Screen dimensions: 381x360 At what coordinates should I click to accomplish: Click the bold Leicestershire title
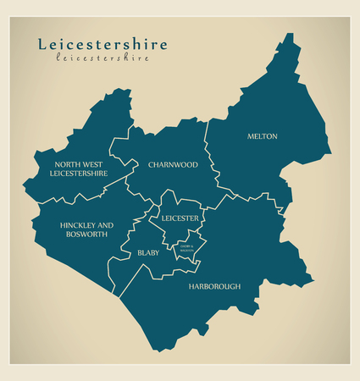pyautogui.click(x=102, y=45)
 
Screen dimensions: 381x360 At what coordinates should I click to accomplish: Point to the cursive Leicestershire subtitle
pyautogui.click(x=102, y=58)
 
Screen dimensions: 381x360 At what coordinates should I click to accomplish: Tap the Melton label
pyautogui.click(x=263, y=136)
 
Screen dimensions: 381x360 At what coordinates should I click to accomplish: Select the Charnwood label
pyautogui.click(x=173, y=164)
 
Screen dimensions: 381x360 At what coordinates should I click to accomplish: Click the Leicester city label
pyautogui.click(x=180, y=218)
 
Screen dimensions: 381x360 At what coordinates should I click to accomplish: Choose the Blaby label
pyautogui.click(x=148, y=252)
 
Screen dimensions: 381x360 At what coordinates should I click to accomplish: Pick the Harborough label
pyautogui.click(x=214, y=286)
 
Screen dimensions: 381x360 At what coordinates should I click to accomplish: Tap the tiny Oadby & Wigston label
pyautogui.click(x=186, y=248)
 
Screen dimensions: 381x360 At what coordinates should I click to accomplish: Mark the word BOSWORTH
pyautogui.click(x=86, y=235)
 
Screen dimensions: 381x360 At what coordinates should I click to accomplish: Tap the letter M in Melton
pyautogui.click(x=250, y=136)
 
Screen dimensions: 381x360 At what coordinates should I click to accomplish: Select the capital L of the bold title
pyautogui.click(x=42, y=45)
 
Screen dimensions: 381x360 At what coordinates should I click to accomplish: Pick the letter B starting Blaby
pyautogui.click(x=139, y=252)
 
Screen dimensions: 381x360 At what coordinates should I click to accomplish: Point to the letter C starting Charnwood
pyautogui.click(x=151, y=164)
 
